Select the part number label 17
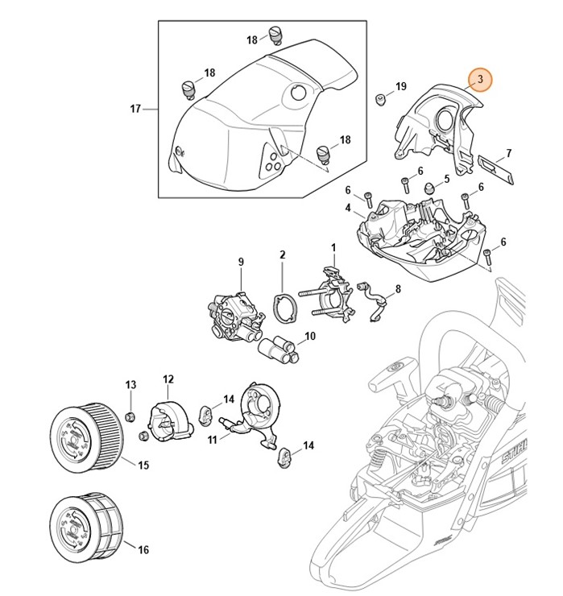point(135,107)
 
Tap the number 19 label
point(401,86)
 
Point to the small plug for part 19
point(377,100)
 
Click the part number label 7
point(508,152)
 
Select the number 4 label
point(348,208)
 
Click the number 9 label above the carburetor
point(240,262)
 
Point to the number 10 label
point(309,336)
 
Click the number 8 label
point(397,288)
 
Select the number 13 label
point(130,387)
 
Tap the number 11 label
point(213,439)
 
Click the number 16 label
point(143,551)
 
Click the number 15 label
point(143,465)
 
